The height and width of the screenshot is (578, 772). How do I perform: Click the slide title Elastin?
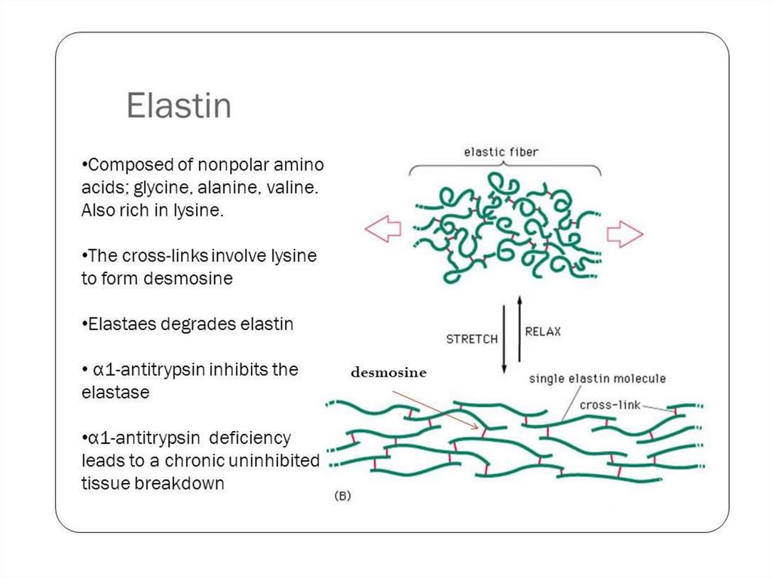[179, 106]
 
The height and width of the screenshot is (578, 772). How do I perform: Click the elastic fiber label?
[501, 152]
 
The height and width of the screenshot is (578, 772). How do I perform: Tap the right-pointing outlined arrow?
[625, 234]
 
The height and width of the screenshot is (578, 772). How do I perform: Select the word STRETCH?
[472, 339]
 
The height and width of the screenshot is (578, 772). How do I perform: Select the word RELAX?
[543, 332]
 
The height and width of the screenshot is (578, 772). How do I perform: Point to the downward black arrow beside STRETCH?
[504, 338]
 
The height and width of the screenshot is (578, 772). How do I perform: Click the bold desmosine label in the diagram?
[387, 372]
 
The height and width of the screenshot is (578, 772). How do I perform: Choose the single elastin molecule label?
[597, 378]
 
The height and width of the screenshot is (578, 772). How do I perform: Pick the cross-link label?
[609, 405]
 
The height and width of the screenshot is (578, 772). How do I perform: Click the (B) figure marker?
[342, 496]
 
